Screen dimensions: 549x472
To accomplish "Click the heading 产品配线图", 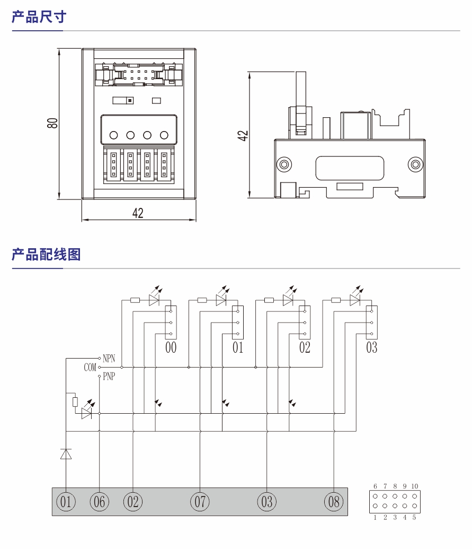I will coord(46,255).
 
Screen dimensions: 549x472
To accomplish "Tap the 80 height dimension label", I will coord(52,123).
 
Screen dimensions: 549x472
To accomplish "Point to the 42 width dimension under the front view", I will coord(138,213).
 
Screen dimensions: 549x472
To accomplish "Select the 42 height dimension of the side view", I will coord(243,135).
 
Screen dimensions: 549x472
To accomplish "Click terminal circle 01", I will coord(66,501).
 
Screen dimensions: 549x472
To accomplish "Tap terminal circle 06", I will coord(99,501).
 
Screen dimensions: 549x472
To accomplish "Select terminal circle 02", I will coord(132,501).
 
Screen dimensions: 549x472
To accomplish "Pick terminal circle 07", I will coord(200,501).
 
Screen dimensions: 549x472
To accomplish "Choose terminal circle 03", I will coord(266,501).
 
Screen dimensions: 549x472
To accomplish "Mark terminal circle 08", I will coord(334,501).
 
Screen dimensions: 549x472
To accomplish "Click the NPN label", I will coord(109,359).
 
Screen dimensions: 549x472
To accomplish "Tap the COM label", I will coord(90,367).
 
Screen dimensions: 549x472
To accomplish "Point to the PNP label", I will coord(109,377).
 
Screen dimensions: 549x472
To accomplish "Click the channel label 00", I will coord(171,348).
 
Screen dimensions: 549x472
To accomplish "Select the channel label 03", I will coord(371,348).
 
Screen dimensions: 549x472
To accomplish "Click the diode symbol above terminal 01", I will coord(66,454).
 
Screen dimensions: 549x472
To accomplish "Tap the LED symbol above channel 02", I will coord(288,300).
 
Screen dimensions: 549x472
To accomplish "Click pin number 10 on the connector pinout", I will coord(414,486).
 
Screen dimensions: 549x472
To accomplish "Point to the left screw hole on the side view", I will coord(285,164).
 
